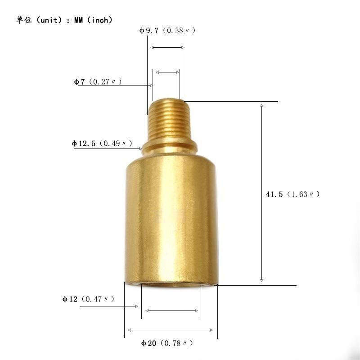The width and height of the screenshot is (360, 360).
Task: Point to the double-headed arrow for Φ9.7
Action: point(167,47)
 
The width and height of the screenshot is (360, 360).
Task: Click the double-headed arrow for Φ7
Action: point(166,72)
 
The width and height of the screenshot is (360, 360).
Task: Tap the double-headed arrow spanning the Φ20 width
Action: point(171,330)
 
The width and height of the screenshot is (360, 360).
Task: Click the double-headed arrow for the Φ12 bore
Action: point(171,310)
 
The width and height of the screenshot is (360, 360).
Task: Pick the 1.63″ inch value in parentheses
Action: point(303,194)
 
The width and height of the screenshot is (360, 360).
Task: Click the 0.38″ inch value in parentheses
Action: point(179,31)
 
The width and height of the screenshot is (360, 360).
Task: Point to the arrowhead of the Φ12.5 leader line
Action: point(140,148)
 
